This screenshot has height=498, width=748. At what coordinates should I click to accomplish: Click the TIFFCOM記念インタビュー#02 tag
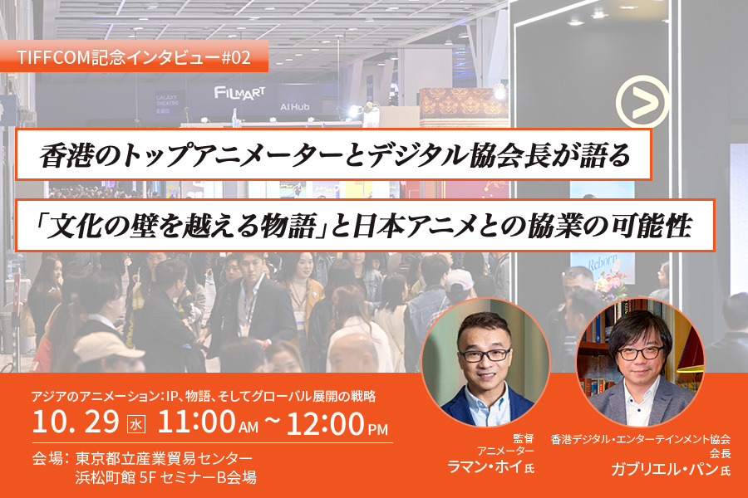pos(133,58)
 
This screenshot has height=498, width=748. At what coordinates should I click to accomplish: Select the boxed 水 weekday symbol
pos(136,424)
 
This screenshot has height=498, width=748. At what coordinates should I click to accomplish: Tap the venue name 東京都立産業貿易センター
pos(164,458)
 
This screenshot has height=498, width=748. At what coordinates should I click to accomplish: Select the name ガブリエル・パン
pos(666,469)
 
